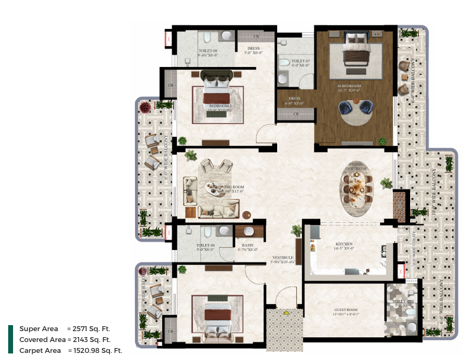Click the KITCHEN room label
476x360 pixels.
point(344,244)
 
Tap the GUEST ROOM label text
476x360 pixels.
point(345,310)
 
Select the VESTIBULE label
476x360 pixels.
point(283,258)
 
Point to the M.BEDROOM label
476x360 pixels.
point(349,86)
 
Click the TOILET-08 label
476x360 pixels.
point(208,51)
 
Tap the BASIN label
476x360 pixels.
point(248,246)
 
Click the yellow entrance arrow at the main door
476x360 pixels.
point(285,313)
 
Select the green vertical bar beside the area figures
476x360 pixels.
point(10,339)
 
